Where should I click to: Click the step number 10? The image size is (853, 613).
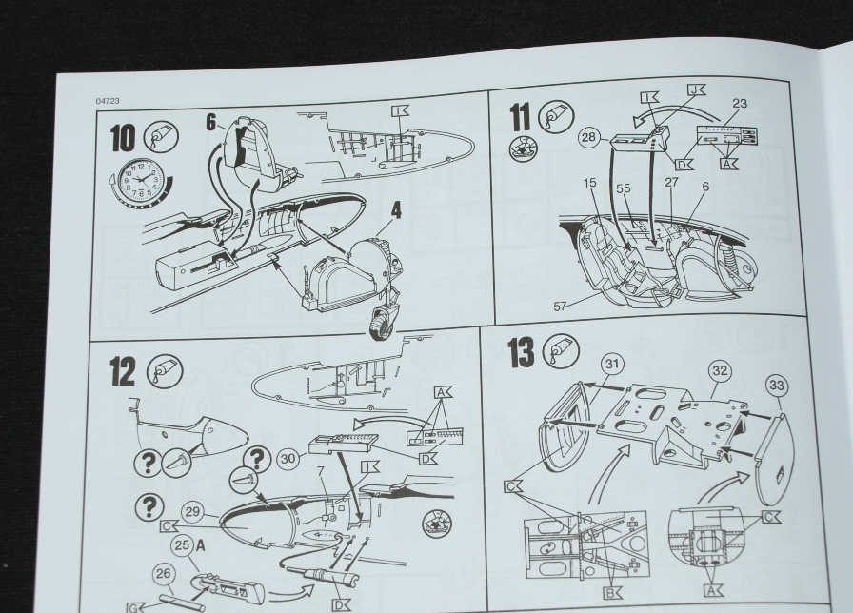(x=124, y=138)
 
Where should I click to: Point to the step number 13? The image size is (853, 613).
(x=521, y=352)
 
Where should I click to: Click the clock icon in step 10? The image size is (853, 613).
(x=134, y=181)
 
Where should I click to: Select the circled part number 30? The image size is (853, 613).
(x=287, y=456)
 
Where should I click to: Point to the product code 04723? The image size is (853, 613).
(x=107, y=100)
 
